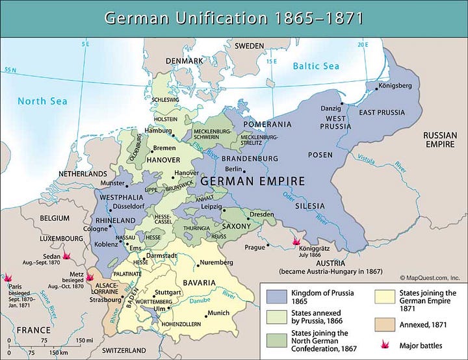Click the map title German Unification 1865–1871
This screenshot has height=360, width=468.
[233, 18]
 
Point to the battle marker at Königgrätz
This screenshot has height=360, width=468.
[296, 240]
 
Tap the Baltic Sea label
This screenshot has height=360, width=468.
[317, 66]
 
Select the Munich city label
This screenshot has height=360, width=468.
[218, 313]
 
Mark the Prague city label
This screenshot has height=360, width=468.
[254, 247]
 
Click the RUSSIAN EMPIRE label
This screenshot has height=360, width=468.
[440, 139]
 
